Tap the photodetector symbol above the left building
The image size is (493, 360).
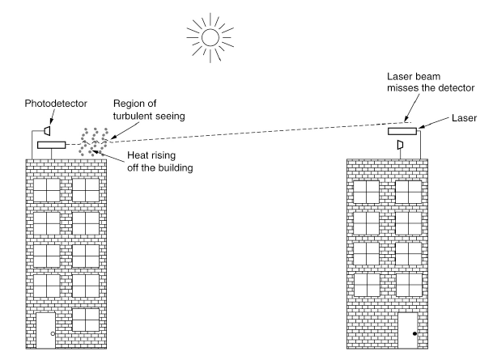coord(48,130)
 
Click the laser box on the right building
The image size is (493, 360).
coord(402,131)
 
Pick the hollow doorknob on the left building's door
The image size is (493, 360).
coord(53,333)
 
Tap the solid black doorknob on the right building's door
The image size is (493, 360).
coord(415,333)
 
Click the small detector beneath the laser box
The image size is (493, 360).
coord(399,145)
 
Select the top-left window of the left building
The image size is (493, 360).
coord(46,189)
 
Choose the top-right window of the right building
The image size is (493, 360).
coord(408,191)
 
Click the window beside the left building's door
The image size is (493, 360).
coord(85,319)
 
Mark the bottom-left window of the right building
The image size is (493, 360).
coord(366,284)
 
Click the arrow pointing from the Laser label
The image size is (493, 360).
coord(434,123)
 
